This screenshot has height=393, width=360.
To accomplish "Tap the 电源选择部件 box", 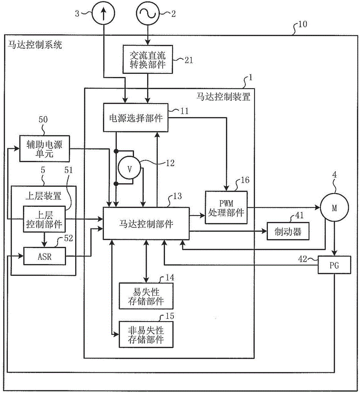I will point(135,118).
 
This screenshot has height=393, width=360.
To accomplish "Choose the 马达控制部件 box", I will point(146,224).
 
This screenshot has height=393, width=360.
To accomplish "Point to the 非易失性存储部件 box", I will point(146,334).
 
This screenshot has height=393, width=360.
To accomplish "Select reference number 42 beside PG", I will point(303,260).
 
